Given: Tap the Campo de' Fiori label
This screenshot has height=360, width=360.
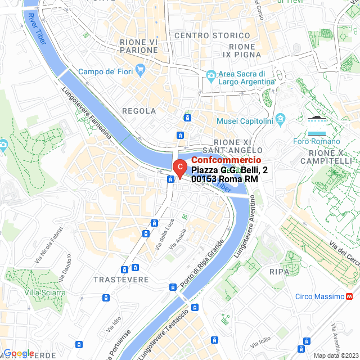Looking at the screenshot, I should pyautogui.click(x=106, y=71).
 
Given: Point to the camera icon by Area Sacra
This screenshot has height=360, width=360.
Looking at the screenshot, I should pyautogui.click(x=210, y=74).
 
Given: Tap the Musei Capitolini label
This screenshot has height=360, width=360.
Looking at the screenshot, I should pyautogui.click(x=245, y=121).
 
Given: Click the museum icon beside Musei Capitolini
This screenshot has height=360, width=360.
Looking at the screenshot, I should pyautogui.click(x=281, y=120).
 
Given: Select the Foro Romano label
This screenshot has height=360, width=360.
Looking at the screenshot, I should pyautogui.click(x=318, y=141).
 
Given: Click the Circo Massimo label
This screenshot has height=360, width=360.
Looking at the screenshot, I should pyautogui.click(x=320, y=296).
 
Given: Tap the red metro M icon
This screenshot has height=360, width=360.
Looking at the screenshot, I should pyautogui.click(x=350, y=296).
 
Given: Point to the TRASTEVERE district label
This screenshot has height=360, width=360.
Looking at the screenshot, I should pyautogui.click(x=121, y=280).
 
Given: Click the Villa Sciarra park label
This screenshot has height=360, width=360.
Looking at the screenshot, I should pyautogui.click(x=44, y=292).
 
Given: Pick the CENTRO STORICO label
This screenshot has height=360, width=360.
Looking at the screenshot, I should pyautogui.click(x=204, y=36).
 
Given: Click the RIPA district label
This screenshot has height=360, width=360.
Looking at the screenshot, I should pyautogui.click(x=280, y=272).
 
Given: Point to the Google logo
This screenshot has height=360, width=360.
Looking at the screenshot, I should pyautogui.click(x=18, y=353).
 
